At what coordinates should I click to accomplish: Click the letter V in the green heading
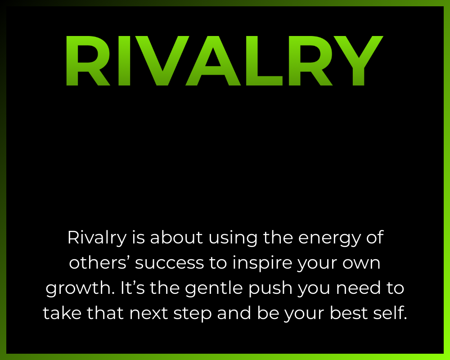pyautogui.click(x=162, y=61)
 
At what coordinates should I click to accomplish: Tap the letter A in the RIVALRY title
pyautogui.click(x=213, y=61)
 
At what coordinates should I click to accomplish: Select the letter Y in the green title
pyautogui.click(x=358, y=61)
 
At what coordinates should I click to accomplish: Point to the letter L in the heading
pyautogui.click(x=264, y=61)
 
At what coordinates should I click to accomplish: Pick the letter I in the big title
pyautogui.click(x=124, y=61)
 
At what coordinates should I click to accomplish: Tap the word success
pyautogui.click(x=169, y=263)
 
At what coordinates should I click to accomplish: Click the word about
pyautogui.click(x=176, y=238)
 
